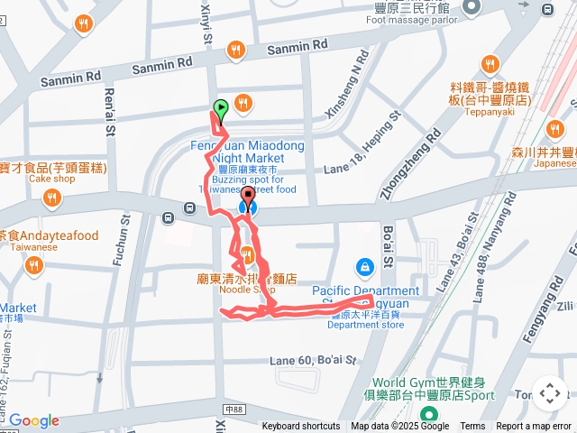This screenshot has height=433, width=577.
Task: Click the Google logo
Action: (33, 420)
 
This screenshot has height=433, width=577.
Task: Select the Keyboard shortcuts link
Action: (301, 427)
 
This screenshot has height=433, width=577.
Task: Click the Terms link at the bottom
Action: (472, 427)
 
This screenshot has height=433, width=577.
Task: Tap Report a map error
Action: (535, 427)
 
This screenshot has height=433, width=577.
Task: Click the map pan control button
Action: (549, 393)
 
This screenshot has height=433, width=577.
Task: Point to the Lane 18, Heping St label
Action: (362, 145)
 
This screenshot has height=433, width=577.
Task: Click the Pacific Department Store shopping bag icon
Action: (364, 266)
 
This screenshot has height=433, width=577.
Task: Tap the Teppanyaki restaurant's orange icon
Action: (490, 64)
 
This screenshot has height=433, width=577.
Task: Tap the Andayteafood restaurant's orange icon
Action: (33, 265)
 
